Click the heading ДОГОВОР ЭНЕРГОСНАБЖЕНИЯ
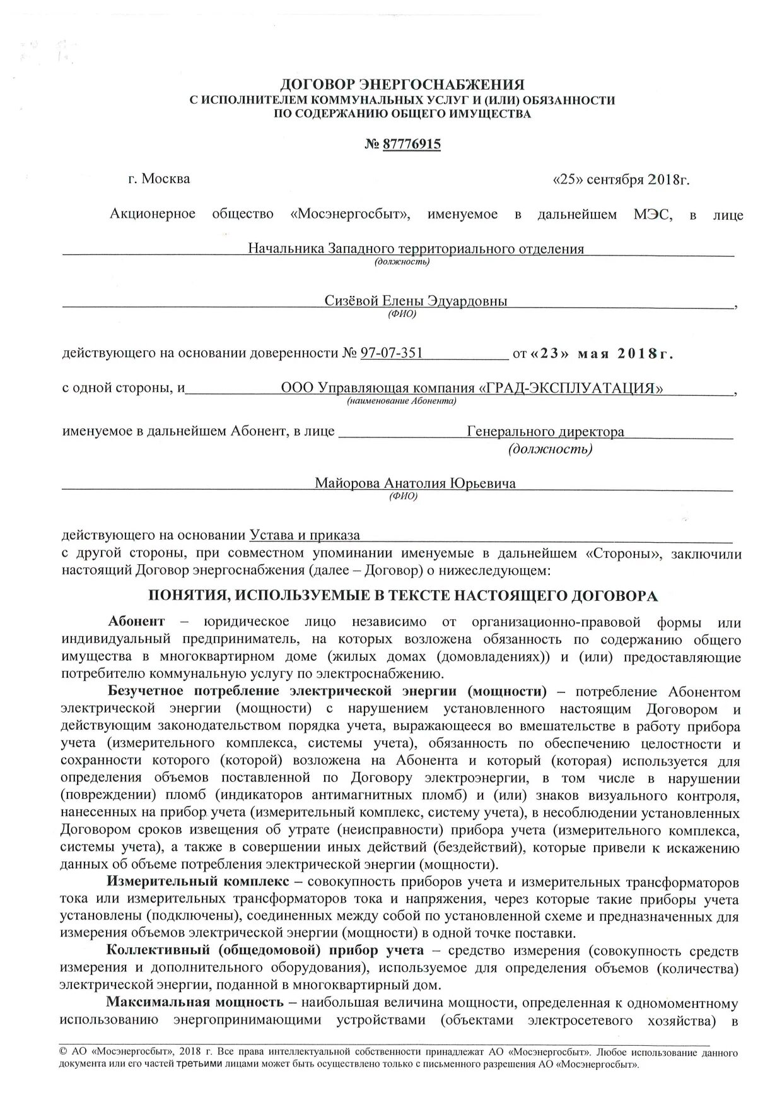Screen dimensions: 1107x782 point(402,84)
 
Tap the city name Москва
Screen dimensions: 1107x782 point(166,179)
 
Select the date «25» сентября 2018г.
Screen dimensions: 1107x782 point(621,179)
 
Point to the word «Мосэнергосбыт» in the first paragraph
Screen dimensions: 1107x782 point(351,215)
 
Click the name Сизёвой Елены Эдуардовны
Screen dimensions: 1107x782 point(416,301)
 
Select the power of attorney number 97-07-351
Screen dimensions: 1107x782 point(392,353)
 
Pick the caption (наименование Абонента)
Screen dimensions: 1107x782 point(402,401)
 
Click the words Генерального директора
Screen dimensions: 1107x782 point(546,432)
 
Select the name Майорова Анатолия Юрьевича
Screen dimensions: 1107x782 point(416,483)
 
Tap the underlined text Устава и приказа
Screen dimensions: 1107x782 point(305,535)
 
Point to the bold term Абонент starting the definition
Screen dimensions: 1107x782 point(136,622)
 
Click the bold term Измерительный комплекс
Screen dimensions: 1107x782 point(198,881)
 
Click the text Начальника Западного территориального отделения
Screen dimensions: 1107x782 point(416,249)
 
